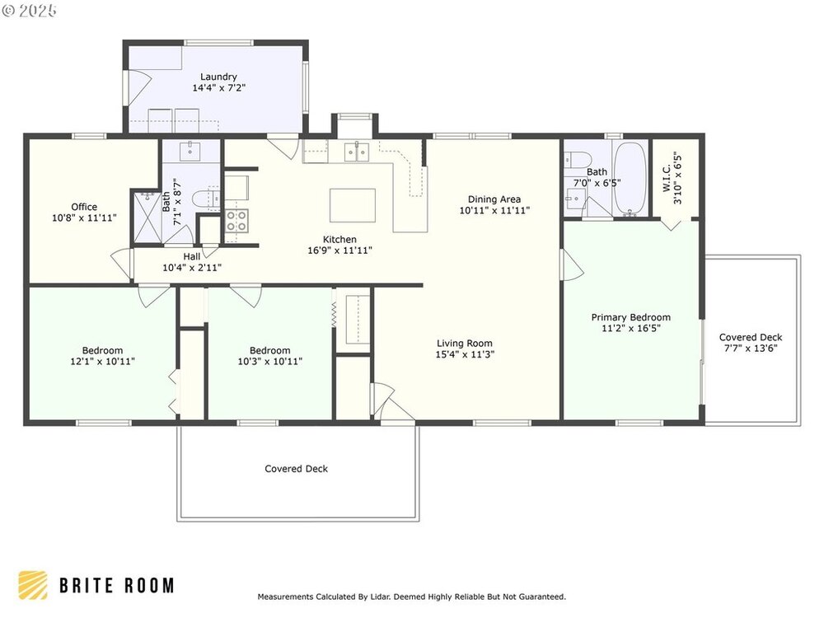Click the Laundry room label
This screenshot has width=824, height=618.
pyautogui.click(x=218, y=77)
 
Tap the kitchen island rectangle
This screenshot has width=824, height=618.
pyautogui.click(x=353, y=205)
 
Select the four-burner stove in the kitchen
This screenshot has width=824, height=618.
pyautogui.click(x=236, y=220)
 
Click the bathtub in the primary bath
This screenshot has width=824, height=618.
pyautogui.click(x=630, y=179)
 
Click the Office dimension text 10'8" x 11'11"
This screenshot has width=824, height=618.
pyautogui.click(x=84, y=218)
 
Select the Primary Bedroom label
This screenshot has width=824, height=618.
pyautogui.click(x=630, y=317)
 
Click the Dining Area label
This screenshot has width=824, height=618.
pyautogui.click(x=494, y=199)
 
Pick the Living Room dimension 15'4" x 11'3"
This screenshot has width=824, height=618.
pyautogui.click(x=465, y=354)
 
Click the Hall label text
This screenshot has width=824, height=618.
pyautogui.click(x=192, y=256)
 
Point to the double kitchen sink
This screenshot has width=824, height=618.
pyautogui.click(x=357, y=152)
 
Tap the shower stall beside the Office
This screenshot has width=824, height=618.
pyautogui.click(x=147, y=218)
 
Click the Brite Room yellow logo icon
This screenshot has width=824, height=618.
pyautogui.click(x=33, y=585)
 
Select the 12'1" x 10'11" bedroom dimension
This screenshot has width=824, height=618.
pyautogui.click(x=102, y=362)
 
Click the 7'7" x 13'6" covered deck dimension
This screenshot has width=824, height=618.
pyautogui.click(x=751, y=348)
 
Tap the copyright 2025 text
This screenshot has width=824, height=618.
pyautogui.click(x=30, y=11)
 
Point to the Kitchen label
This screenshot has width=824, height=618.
pyautogui.click(x=339, y=240)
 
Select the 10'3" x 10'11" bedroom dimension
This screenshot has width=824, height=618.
pyautogui.click(x=270, y=362)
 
